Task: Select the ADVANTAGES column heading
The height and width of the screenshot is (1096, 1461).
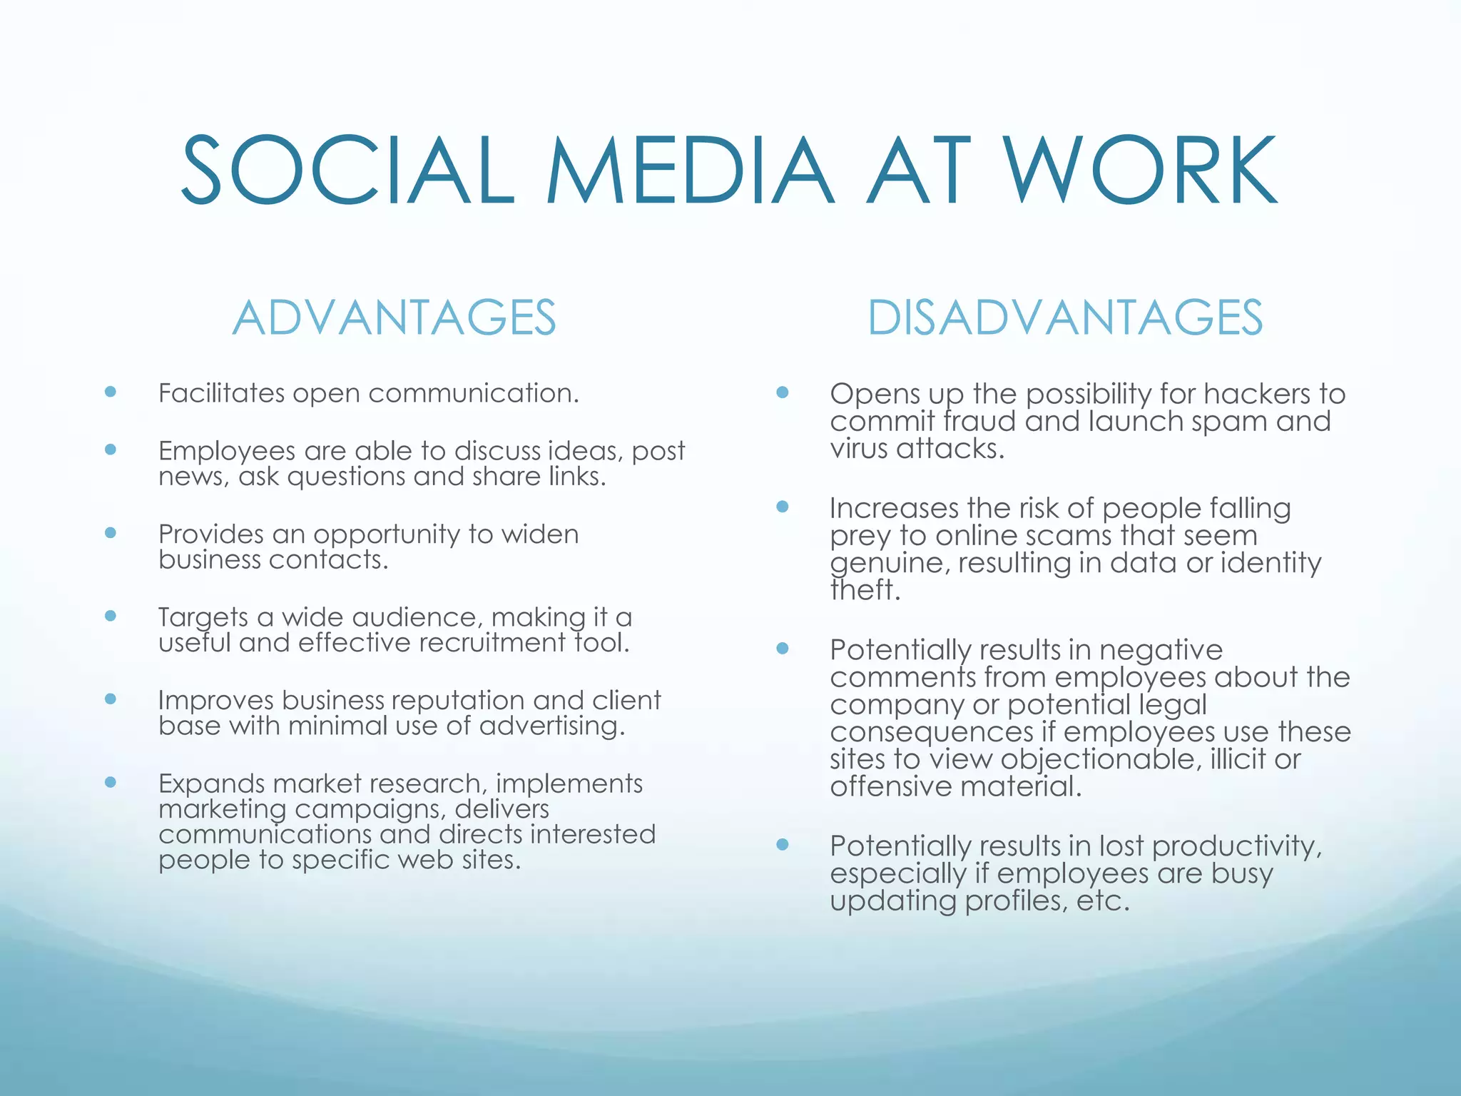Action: coord(394,318)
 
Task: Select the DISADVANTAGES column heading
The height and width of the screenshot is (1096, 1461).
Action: coord(1064,318)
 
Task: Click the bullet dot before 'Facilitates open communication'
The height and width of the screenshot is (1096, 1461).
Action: coord(110,391)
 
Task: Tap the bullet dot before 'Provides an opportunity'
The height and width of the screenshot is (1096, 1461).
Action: coord(110,532)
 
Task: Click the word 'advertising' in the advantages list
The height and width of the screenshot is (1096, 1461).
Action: coord(551,726)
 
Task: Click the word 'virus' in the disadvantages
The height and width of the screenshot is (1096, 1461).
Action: coord(858,449)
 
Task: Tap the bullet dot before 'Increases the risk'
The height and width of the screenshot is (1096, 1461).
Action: coord(782,507)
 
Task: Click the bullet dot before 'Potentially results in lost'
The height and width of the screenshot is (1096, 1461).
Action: coord(782,845)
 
